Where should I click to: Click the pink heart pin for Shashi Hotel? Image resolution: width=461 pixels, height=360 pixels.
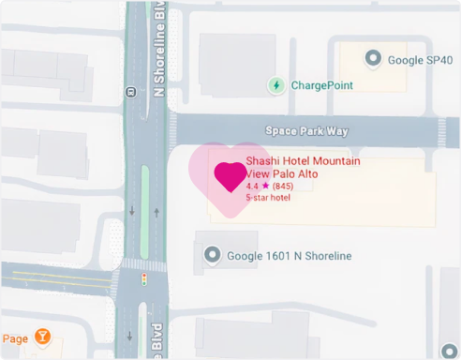[x=230, y=176]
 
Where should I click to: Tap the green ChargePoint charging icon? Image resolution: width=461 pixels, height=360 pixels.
[x=276, y=85]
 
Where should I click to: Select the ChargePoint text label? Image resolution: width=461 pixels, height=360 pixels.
[x=321, y=85]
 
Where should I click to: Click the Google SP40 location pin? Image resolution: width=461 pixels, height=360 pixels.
[x=373, y=59]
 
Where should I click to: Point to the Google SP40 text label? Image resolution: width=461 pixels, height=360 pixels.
[x=420, y=60]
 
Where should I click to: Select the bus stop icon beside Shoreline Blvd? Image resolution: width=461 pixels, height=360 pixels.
[x=130, y=91]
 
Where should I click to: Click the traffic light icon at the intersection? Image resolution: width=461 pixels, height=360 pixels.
[x=144, y=279]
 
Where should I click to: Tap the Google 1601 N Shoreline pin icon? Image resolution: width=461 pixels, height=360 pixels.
[x=213, y=254]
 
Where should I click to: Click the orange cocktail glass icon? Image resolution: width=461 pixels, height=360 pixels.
[x=42, y=336]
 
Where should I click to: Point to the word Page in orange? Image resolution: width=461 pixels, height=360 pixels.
[x=15, y=338]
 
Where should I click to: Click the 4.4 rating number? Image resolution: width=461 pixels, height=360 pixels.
[x=252, y=187]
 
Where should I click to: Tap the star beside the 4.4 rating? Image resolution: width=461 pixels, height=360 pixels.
[x=265, y=187]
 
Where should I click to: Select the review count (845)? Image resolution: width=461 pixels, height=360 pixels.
[x=283, y=187]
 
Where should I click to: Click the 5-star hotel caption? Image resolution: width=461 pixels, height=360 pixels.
[x=268, y=198]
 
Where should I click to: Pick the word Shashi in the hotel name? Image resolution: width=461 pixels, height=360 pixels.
[x=263, y=161]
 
